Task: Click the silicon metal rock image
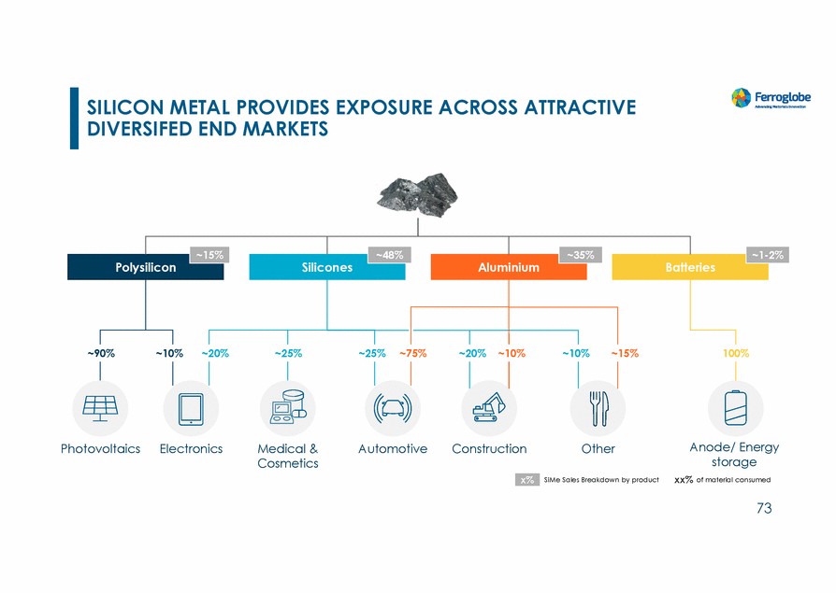point(417,193)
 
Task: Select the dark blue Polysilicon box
point(145,267)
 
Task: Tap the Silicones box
point(327,267)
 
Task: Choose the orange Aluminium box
point(508,267)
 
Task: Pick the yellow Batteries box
point(690,267)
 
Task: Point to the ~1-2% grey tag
point(765,254)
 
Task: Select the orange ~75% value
point(413,354)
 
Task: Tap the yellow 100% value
point(736,354)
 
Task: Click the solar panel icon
point(101,408)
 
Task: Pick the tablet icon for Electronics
point(191,408)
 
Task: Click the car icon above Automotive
point(393,408)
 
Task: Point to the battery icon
point(736,408)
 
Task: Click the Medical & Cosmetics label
point(287,456)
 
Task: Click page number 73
point(764,509)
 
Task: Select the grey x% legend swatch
point(527,480)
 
